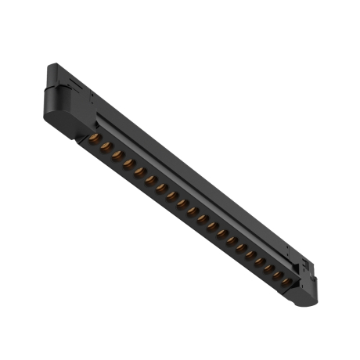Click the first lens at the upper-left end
(x=95, y=138)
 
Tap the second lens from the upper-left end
(x=106, y=146)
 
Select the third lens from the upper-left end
(x=118, y=156)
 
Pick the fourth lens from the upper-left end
(x=129, y=163)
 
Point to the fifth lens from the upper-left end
(x=140, y=172)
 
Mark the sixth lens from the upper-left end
(x=151, y=181)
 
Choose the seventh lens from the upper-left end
(x=162, y=189)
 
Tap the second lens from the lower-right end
(x=278, y=275)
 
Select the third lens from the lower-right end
(x=269, y=268)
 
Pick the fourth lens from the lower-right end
(x=260, y=261)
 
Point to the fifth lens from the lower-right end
(x=250, y=254)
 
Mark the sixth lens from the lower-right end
(x=242, y=247)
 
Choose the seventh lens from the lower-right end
(x=232, y=240)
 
